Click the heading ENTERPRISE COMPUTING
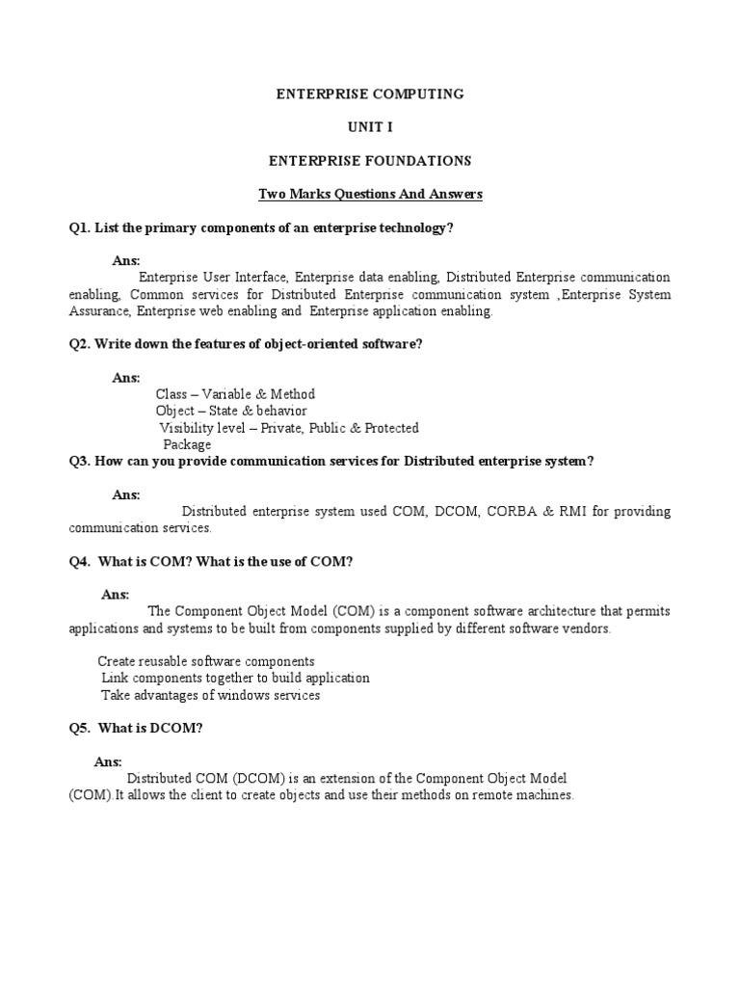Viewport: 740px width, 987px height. pos(370,93)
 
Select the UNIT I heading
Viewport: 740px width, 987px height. pos(370,126)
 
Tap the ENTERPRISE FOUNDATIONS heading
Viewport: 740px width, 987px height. pos(370,160)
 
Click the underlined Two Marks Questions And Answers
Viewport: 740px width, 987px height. pos(370,194)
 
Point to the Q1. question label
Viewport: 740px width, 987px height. pos(79,227)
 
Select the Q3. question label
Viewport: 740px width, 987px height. pos(79,461)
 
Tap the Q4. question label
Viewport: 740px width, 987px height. pos(79,561)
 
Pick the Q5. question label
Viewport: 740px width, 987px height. pos(79,728)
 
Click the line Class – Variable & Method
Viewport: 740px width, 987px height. pos(235,394)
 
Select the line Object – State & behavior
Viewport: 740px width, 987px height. pos(231,411)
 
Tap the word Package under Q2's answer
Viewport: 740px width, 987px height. pos(187,444)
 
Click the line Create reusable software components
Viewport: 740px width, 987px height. pos(206,661)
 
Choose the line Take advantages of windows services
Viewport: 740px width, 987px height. pos(210,695)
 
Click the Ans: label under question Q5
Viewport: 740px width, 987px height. pos(108,761)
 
